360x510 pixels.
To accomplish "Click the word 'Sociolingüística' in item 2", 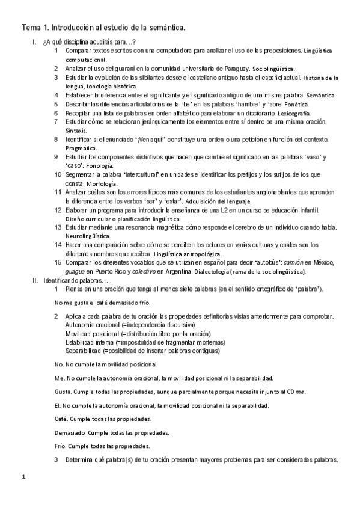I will coord(273,69).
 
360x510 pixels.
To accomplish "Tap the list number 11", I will coord(57,192).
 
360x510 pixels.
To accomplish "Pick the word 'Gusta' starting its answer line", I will coord(63,392).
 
